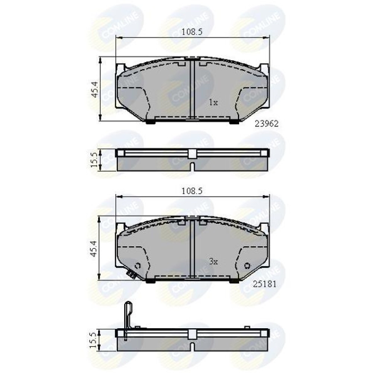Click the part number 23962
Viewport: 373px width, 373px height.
tap(266, 123)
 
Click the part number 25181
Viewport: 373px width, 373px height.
tap(264, 284)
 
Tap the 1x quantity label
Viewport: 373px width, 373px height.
tap(213, 103)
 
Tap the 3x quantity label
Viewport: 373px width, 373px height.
tap(213, 262)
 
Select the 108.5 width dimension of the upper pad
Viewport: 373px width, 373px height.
tap(192, 32)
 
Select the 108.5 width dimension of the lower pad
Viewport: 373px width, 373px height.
tap(192, 191)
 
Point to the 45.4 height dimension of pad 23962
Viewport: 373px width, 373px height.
tap(94, 90)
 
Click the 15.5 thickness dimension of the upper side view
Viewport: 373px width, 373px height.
tap(94, 160)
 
